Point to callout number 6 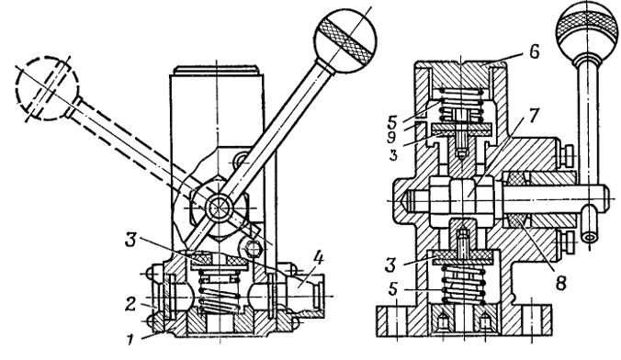click(535, 51)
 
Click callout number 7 click(533, 115)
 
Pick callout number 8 click(560, 282)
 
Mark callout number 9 click(391, 137)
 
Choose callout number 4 click(319, 259)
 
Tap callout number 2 click(131, 304)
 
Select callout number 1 click(130, 340)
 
